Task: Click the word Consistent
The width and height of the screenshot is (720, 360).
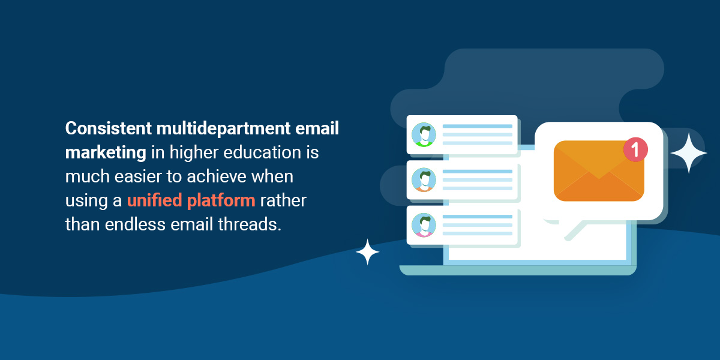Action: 109,128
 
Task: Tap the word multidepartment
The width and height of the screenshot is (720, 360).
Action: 223,128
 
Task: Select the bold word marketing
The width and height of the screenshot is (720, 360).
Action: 106,152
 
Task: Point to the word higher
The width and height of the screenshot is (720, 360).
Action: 194,152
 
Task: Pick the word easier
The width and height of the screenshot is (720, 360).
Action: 138,176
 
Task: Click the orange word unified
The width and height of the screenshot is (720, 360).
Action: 155,200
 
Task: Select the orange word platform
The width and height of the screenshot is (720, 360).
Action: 221,200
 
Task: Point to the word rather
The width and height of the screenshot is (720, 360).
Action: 283,200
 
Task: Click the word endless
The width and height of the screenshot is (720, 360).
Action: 135,224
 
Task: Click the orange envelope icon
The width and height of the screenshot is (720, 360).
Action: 599,171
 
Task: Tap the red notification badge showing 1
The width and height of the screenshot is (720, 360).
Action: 635,149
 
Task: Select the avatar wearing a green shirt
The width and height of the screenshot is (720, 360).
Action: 424,134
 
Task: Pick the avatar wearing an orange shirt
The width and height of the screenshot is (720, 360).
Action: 424,179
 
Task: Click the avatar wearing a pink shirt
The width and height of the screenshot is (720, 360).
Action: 424,225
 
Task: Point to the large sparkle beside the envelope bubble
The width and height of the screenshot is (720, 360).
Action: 689,153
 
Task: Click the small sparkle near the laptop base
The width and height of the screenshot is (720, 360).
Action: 367,252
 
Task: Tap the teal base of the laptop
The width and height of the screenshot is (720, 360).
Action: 518,271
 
